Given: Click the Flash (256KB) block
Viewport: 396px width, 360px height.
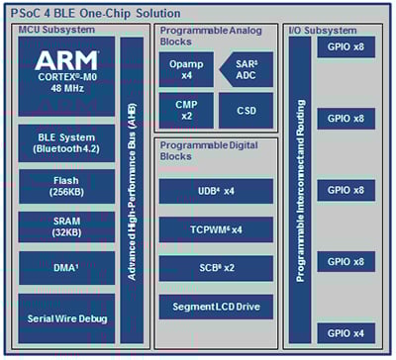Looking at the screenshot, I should click(x=65, y=187).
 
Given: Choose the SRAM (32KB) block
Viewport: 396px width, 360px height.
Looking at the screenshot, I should click(x=65, y=230).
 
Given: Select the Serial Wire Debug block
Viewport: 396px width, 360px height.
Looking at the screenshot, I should click(x=65, y=317).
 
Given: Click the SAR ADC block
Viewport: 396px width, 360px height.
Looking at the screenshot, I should click(x=247, y=69).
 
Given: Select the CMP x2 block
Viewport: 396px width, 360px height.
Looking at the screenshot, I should click(x=184, y=110).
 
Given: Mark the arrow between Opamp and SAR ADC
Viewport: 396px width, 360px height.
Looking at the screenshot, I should click(x=215, y=69).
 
